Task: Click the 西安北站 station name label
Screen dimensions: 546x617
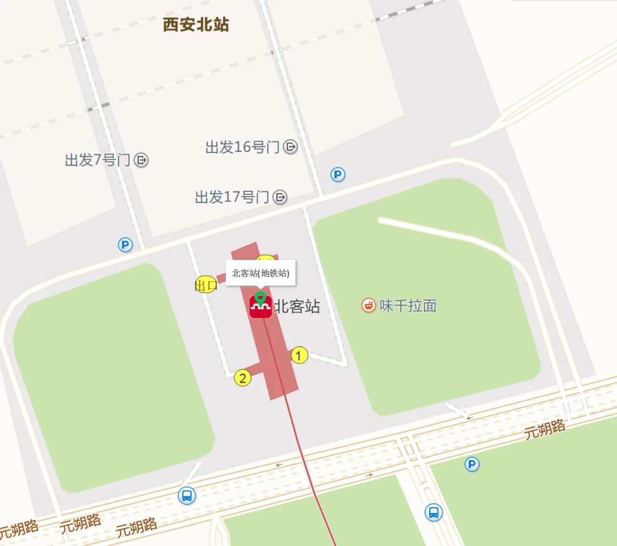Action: click(196, 25)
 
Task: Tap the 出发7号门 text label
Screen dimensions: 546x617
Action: click(98, 160)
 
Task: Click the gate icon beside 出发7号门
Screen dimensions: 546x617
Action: click(141, 160)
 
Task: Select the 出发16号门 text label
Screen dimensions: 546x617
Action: click(242, 147)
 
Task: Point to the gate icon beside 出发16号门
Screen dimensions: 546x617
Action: click(290, 147)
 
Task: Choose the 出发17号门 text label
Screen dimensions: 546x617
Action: click(232, 197)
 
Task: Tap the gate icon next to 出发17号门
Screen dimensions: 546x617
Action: click(280, 197)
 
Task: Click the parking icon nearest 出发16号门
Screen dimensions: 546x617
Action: click(338, 175)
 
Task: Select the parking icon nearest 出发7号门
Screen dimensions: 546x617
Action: click(125, 245)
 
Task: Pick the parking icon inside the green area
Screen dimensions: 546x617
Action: click(472, 464)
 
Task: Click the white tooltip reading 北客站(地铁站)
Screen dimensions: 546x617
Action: click(260, 273)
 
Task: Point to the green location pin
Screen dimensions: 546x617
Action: click(261, 298)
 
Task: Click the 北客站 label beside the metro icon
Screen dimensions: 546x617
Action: click(297, 306)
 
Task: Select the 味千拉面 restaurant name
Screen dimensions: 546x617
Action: click(408, 306)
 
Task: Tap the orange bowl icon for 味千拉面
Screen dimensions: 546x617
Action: click(368, 305)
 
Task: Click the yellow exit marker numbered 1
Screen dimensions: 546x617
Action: click(299, 356)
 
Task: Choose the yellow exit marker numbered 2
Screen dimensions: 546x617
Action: click(243, 378)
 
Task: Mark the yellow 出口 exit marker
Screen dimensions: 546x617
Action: click(205, 285)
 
